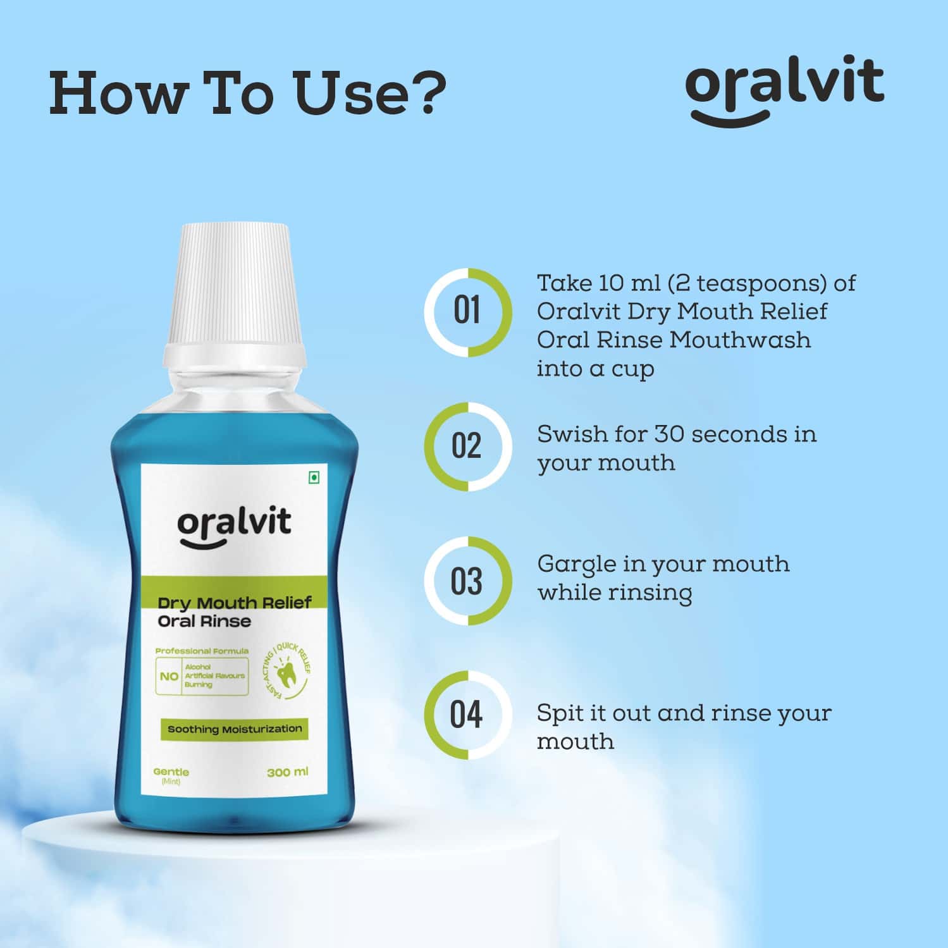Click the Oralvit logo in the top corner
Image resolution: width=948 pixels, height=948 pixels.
[x=784, y=89]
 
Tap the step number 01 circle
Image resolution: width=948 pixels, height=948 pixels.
[x=467, y=312]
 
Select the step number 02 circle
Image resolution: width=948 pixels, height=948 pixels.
[x=467, y=446]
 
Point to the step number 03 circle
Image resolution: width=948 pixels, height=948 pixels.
[x=467, y=581]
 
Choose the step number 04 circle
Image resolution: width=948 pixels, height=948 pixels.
[x=467, y=715]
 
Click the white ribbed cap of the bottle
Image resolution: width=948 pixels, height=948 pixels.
[x=234, y=285]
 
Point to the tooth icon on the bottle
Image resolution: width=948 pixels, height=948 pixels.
[x=286, y=674]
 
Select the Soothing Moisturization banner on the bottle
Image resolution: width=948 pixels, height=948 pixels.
[x=234, y=729]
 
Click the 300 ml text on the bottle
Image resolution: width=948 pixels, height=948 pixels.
[x=288, y=772]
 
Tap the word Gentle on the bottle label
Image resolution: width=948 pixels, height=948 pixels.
[x=171, y=772]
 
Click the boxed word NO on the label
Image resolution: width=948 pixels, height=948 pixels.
[x=169, y=676]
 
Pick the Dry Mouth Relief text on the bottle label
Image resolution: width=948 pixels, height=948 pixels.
[x=235, y=603]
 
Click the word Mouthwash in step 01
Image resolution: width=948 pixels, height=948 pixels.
[x=740, y=340]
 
